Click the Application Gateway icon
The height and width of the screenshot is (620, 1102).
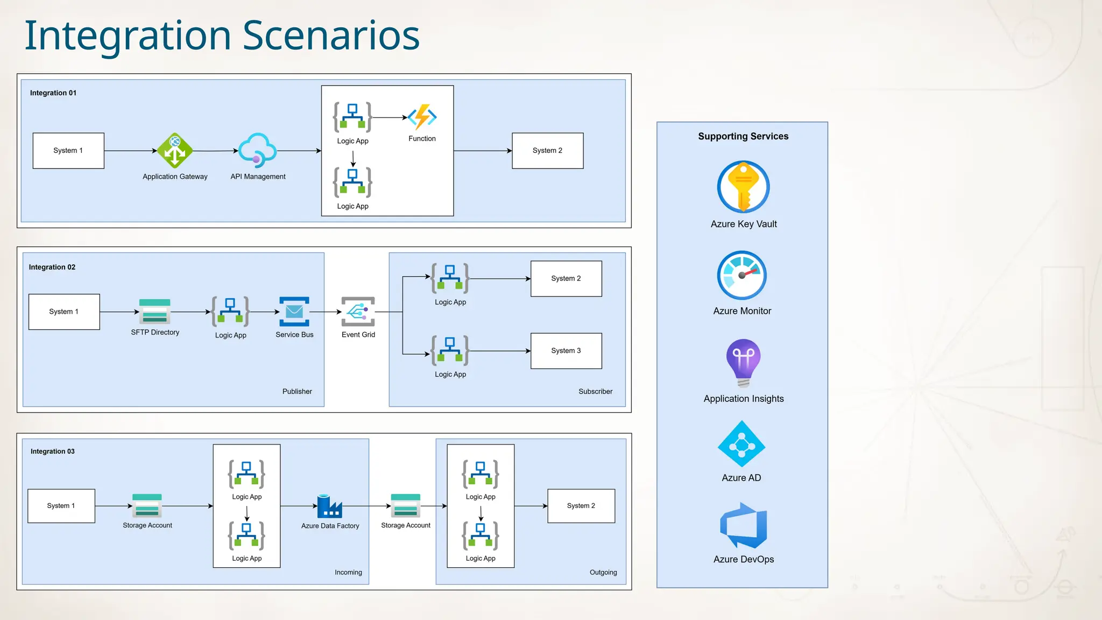[x=175, y=151]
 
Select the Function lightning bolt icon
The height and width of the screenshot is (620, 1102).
[x=422, y=117]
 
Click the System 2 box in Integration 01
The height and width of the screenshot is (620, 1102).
[x=547, y=151]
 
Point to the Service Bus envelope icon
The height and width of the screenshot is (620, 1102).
[x=294, y=312]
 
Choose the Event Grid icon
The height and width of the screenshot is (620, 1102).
[x=358, y=312]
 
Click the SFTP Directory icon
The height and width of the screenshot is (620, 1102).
[x=155, y=311]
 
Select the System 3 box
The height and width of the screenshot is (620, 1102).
[x=566, y=351]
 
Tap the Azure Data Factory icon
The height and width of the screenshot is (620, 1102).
[x=329, y=506]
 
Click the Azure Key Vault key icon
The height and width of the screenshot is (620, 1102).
[x=743, y=187]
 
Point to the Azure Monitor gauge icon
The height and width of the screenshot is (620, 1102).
[x=742, y=275]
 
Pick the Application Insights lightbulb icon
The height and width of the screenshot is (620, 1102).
[x=743, y=363]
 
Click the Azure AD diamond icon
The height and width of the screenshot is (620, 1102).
[x=741, y=444]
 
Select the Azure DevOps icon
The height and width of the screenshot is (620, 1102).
[x=743, y=526]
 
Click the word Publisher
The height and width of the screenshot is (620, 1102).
[x=297, y=391]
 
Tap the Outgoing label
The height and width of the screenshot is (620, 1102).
[x=603, y=572]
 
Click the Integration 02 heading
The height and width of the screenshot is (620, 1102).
[x=52, y=267]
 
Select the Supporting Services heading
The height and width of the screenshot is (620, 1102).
[x=743, y=136]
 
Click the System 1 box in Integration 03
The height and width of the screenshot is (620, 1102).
[x=61, y=506]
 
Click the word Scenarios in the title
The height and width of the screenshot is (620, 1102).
[x=330, y=36]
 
